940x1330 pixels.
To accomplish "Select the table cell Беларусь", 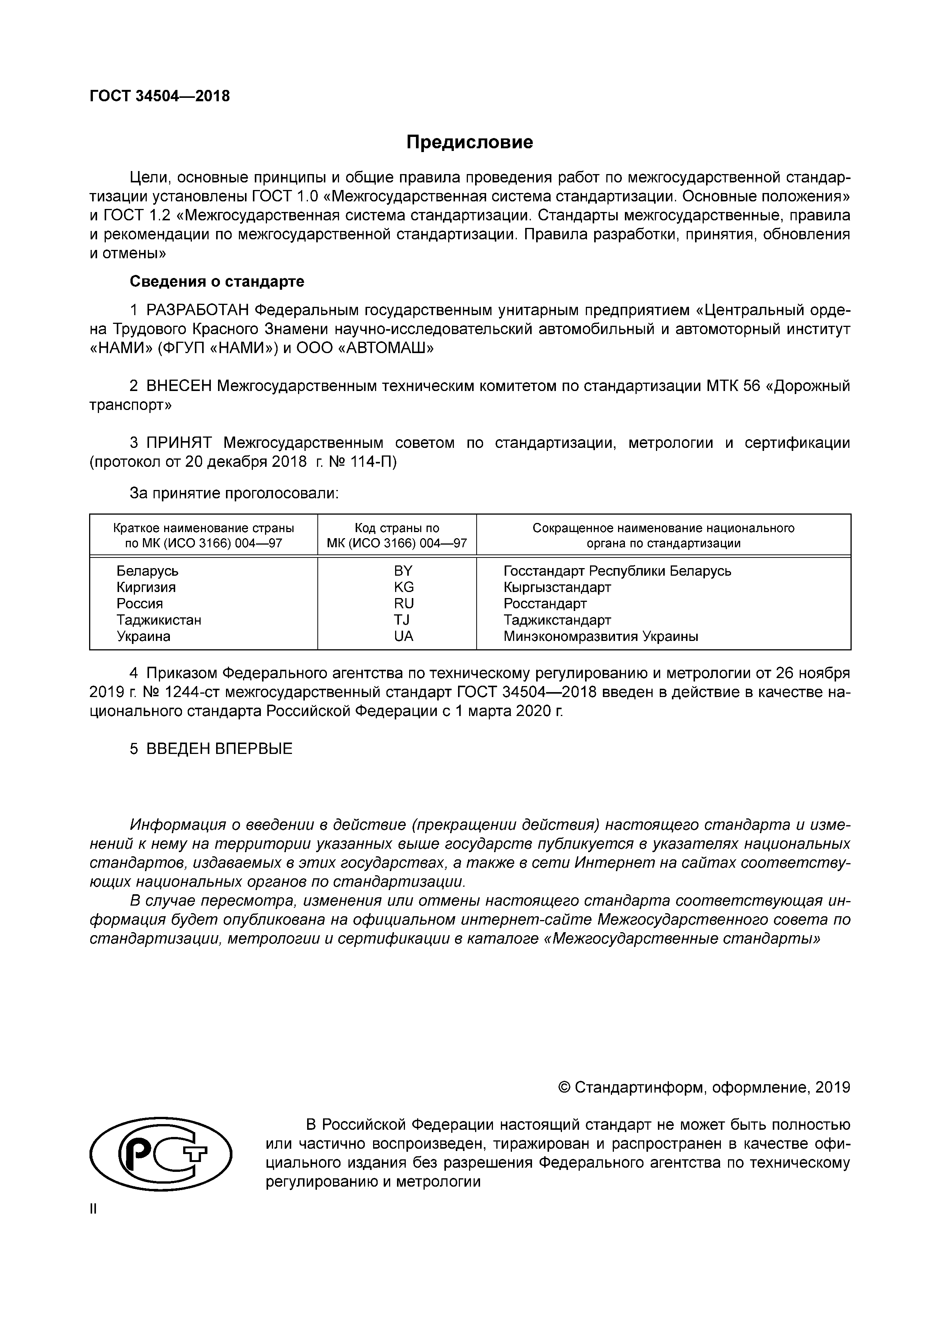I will (x=147, y=571).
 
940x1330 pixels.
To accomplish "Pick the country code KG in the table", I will (x=404, y=587).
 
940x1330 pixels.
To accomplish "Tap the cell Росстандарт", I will (x=545, y=604).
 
